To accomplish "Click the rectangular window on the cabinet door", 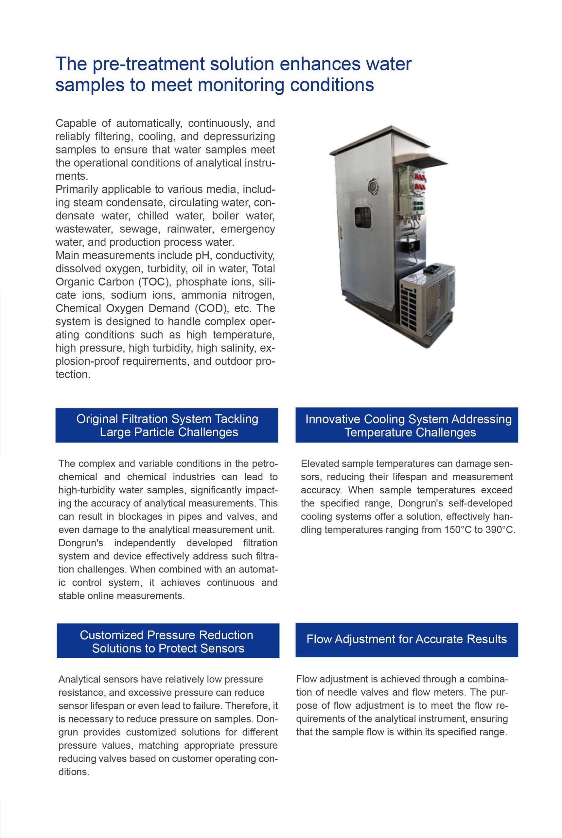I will click(x=363, y=217).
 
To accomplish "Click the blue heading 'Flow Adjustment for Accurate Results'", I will click(x=406, y=639).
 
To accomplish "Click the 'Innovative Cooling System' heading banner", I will click(x=406, y=425).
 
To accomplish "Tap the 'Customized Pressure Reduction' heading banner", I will click(x=168, y=642).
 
